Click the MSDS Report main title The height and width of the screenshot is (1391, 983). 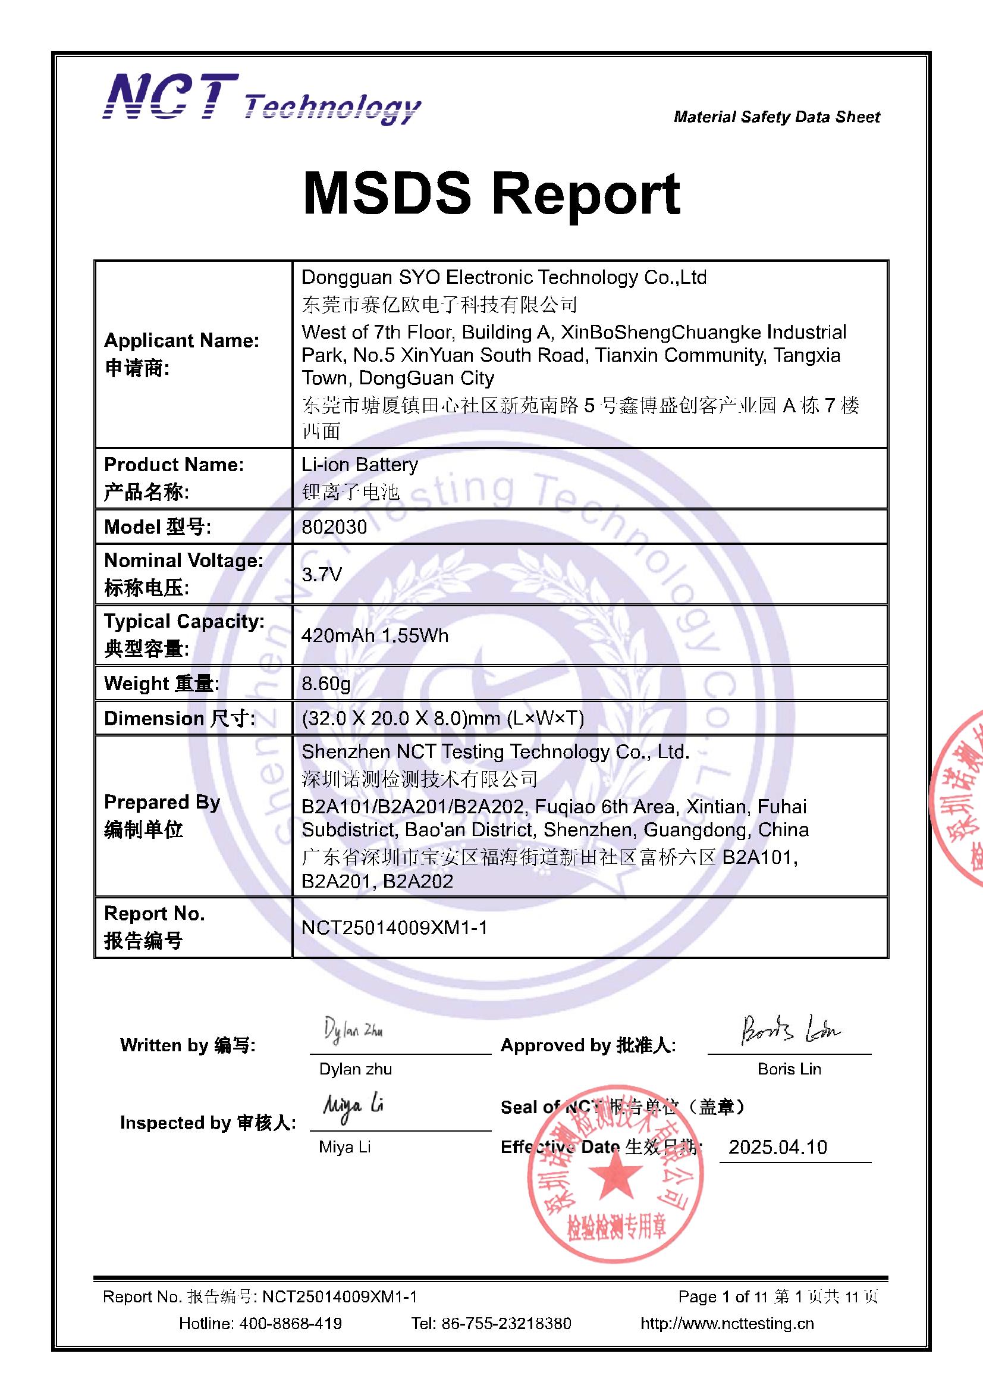tap(491, 194)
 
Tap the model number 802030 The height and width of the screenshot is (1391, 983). tap(334, 527)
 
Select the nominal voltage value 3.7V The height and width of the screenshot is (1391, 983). tap(322, 574)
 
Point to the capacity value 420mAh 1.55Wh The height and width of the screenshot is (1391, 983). tap(375, 635)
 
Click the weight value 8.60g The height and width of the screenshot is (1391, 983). tap(326, 684)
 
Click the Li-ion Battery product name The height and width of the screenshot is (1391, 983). tap(360, 465)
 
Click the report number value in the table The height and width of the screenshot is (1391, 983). tap(394, 928)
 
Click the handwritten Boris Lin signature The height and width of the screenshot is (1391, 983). tap(790, 1029)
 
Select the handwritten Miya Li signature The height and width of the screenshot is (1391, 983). tap(353, 1107)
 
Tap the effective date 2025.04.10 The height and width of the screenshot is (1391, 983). tap(778, 1147)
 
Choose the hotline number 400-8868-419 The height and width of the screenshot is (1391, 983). tap(290, 1323)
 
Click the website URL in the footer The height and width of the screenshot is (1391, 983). tap(727, 1323)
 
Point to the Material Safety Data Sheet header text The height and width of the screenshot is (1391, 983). tap(777, 117)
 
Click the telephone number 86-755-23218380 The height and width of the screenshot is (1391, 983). tap(505, 1323)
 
